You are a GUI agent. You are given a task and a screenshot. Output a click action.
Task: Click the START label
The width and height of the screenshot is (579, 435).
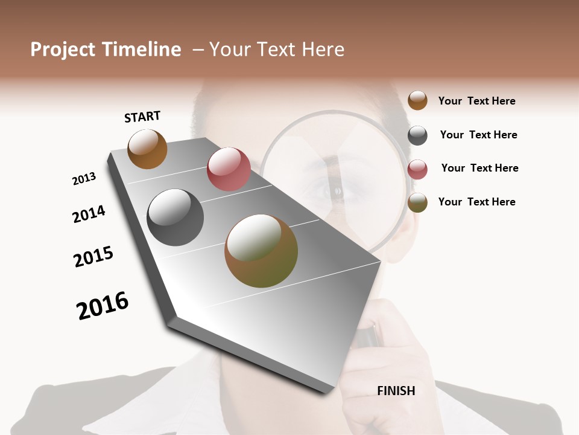point(142,117)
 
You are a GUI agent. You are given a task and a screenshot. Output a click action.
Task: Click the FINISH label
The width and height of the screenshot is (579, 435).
point(396,391)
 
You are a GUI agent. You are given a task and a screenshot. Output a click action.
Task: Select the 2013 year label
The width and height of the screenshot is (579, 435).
point(84,179)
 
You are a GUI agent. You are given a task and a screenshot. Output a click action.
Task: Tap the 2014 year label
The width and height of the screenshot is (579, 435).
point(89,214)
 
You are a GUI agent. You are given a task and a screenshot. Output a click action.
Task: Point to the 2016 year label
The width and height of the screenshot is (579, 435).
point(103,305)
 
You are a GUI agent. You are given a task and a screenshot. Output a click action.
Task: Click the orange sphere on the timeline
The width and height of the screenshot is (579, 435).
point(147,149)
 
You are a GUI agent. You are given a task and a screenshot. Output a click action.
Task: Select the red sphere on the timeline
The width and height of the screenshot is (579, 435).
point(229,169)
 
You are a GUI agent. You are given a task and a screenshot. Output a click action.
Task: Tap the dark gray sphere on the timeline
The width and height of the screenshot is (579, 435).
point(175,217)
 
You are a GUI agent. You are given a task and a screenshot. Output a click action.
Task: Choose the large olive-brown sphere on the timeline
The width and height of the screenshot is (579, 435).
point(261,251)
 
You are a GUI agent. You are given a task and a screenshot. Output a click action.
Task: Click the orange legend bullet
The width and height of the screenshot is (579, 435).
point(417,100)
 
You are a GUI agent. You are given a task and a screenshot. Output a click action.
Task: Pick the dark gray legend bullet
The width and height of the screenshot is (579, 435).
point(417,135)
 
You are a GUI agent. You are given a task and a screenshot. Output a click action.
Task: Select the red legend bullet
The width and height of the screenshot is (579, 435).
point(417,169)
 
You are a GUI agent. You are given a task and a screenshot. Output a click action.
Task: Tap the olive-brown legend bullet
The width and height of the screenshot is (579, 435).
point(417,202)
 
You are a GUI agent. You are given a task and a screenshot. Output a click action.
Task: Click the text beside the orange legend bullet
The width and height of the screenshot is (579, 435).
point(476,101)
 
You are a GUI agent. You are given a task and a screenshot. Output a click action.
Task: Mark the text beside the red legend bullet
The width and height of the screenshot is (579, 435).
point(479,168)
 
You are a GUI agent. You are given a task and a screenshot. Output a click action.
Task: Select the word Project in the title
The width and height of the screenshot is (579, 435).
point(63,50)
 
